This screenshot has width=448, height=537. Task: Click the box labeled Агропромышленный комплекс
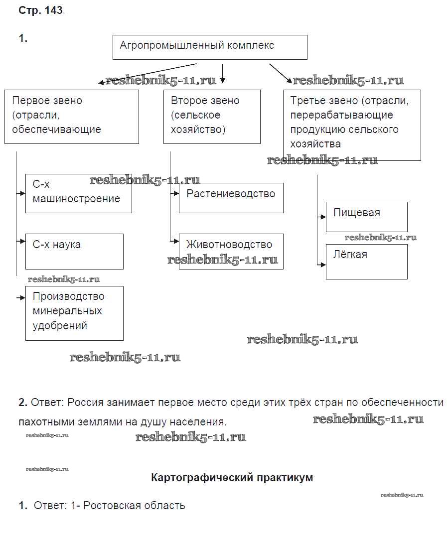(210, 47)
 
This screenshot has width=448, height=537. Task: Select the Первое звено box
(71, 117)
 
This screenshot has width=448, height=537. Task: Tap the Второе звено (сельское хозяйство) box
(212, 117)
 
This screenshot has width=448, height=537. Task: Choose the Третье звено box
(352, 125)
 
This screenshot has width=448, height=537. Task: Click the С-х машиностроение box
(78, 193)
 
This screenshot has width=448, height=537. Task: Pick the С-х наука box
(74, 251)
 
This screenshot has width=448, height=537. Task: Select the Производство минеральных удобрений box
(74, 313)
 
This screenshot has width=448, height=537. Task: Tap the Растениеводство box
(231, 197)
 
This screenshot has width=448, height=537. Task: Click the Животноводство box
(231, 251)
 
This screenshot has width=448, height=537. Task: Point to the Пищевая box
(366, 217)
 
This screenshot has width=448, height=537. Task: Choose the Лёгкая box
(366, 261)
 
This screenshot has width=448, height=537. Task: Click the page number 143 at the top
(53, 11)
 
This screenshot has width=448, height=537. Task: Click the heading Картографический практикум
(232, 477)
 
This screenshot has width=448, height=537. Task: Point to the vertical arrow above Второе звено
(223, 73)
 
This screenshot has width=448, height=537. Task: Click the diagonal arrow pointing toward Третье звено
(281, 73)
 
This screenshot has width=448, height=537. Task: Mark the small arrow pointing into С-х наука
(21, 242)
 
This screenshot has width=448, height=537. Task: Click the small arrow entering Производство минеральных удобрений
(21, 298)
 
